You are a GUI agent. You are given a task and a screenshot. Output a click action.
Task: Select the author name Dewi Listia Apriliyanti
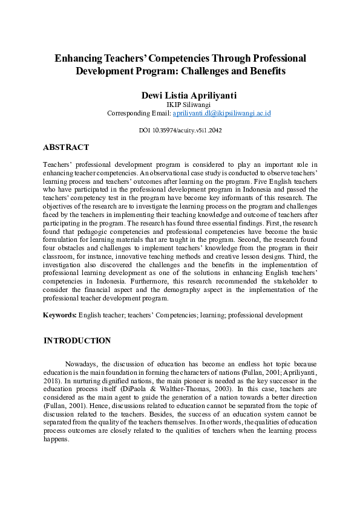click(180, 95)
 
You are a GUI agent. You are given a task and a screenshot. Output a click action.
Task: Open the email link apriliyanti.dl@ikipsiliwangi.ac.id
click(213, 113)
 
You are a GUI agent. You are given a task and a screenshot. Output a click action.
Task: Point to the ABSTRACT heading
click(66, 147)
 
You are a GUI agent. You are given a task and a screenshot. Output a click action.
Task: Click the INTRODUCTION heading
click(77, 340)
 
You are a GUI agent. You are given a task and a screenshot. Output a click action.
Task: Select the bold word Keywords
click(59, 315)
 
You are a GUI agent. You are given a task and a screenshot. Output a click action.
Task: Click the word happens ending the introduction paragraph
click(57, 440)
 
